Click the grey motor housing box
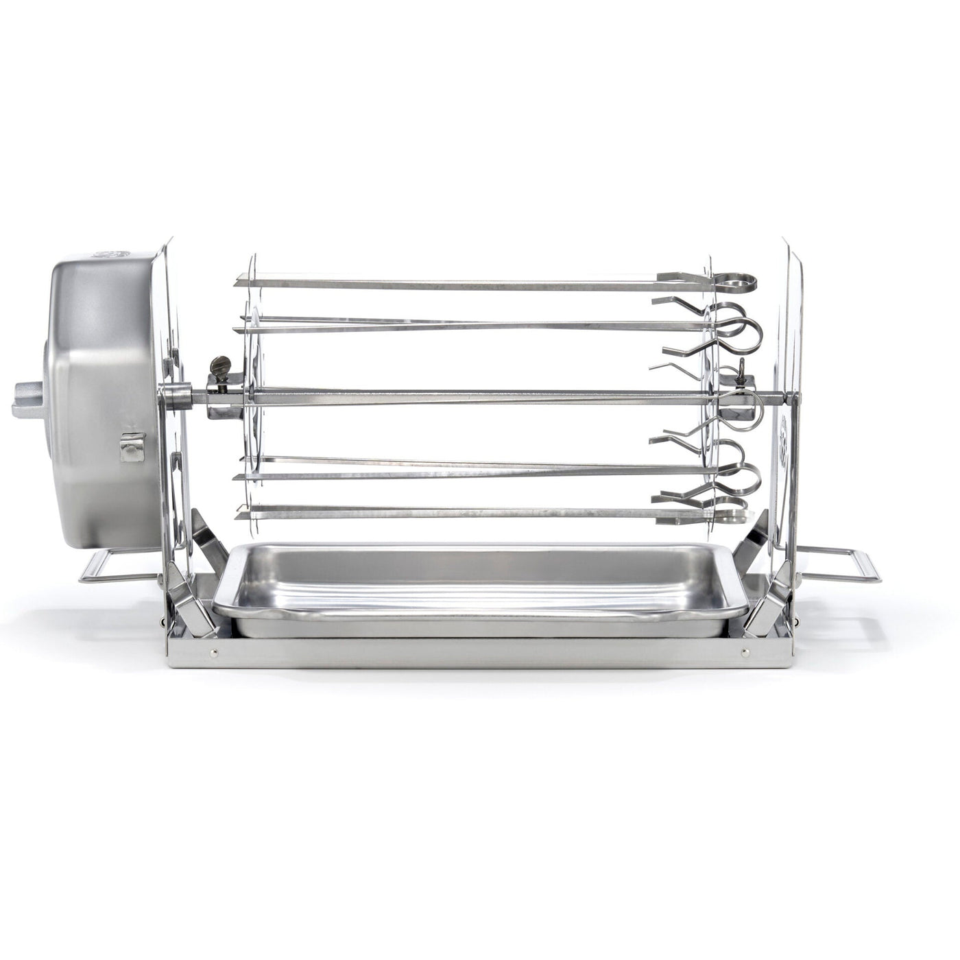click(x=103, y=398)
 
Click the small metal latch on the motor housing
click(x=131, y=446)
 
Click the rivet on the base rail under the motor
click(x=215, y=653)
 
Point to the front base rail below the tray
click(x=480, y=655)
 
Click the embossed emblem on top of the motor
click(x=113, y=254)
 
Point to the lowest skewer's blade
click(x=446, y=512)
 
